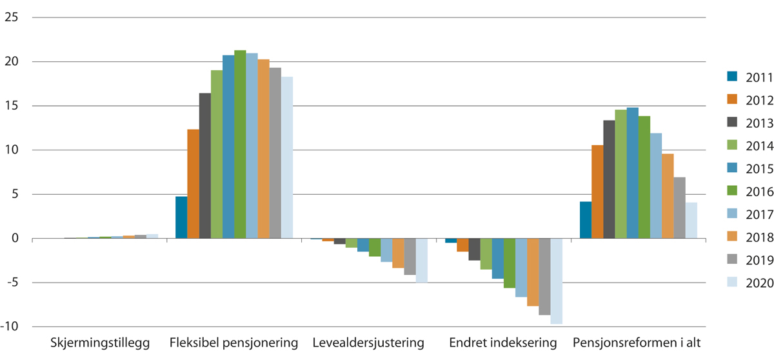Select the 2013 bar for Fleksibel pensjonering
204,166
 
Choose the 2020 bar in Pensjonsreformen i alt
691,221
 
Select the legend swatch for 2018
731,237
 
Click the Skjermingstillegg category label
100,342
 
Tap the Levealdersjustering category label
368,342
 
